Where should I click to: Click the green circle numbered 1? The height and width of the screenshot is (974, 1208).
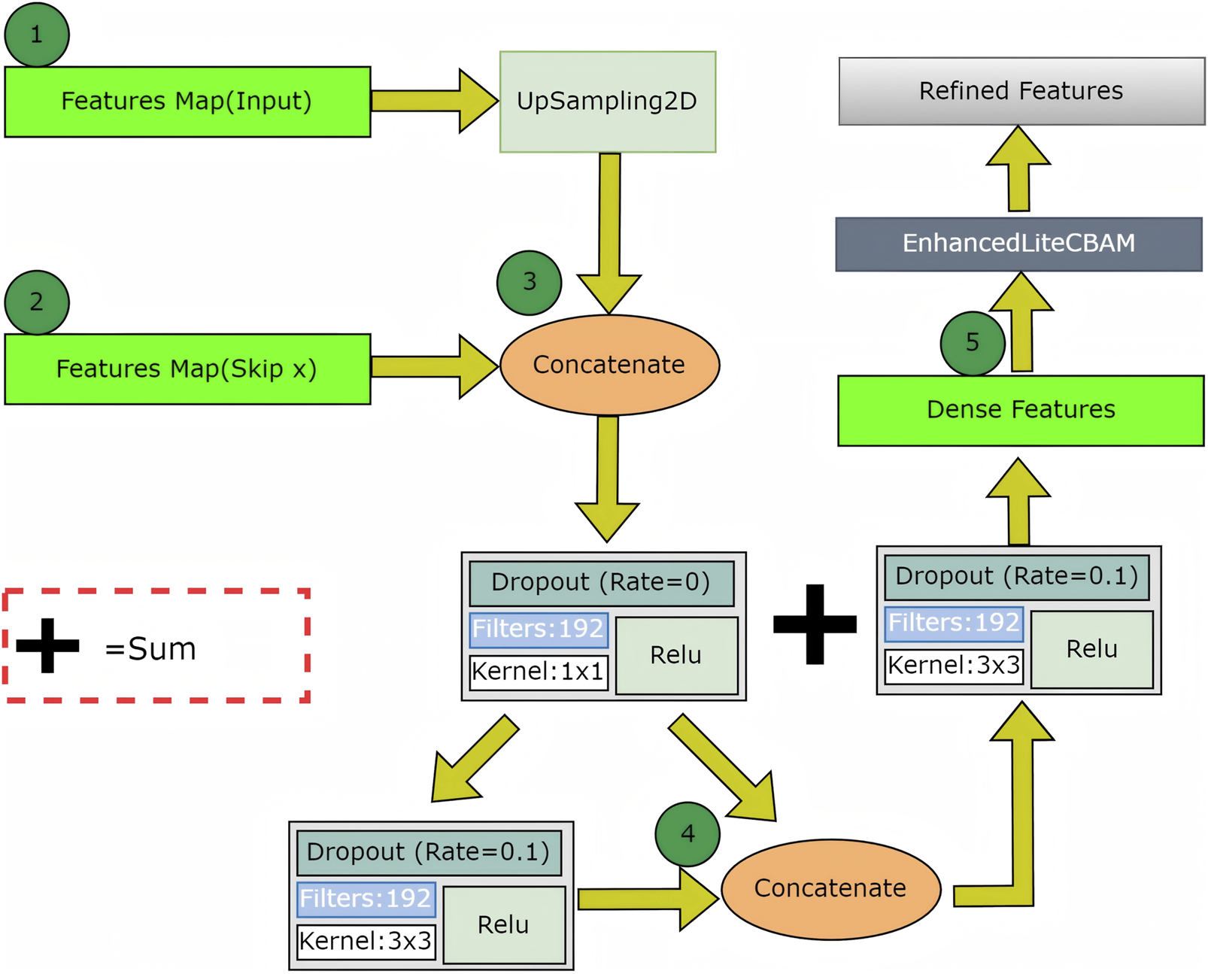pos(36,35)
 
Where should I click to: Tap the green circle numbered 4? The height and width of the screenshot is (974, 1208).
pos(687,833)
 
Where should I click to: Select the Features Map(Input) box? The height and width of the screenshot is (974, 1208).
pos(187,102)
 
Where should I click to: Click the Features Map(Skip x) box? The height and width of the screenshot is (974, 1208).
pos(187,369)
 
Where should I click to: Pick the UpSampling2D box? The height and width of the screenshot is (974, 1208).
pos(607,102)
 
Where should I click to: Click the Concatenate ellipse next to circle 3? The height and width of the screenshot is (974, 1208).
pos(609,365)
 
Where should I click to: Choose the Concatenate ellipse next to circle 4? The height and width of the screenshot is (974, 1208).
pos(830,888)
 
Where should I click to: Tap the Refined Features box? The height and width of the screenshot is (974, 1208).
pos(1021,91)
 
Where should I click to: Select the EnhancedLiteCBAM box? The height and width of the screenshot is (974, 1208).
pos(1018,244)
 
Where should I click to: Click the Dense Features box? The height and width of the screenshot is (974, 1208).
pos(1021,410)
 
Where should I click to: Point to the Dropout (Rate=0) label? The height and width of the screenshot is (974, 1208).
pos(601,583)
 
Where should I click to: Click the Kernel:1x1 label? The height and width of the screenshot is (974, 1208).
pos(538,671)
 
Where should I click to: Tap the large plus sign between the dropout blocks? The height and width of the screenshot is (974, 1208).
pos(815,624)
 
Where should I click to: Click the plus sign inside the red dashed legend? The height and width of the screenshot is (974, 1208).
pos(47,645)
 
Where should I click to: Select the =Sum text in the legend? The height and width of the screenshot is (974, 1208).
pos(150,649)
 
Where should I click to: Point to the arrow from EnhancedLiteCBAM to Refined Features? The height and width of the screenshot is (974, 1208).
pos(1018,169)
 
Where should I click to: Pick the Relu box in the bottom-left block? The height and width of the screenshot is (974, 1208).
pos(503,924)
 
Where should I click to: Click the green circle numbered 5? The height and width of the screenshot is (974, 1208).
pos(972,343)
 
